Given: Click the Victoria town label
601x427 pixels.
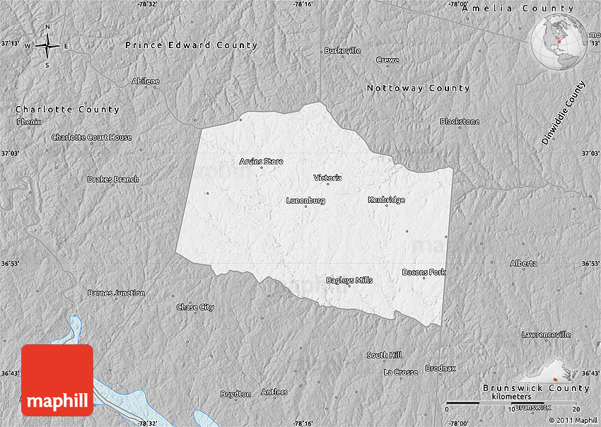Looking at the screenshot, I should point(328,177).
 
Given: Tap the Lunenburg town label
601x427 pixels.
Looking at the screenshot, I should point(305,200).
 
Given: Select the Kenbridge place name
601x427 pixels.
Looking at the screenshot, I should point(386,199).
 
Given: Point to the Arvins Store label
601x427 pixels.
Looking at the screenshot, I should point(261,161).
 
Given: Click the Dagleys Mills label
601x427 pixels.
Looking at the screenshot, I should point(349,280).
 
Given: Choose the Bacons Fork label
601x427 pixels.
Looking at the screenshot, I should point(424,271).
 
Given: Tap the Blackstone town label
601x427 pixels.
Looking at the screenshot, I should point(460,122).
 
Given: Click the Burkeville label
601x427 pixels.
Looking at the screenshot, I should point(342,50).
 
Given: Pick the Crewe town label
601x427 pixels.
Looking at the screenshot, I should point(387,60).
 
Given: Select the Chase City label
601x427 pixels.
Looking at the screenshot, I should point(195,307).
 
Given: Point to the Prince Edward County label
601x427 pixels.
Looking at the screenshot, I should point(192,45).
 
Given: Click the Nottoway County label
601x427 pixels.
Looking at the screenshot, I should point(418,88).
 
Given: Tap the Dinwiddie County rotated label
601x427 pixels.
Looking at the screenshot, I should point(564,114).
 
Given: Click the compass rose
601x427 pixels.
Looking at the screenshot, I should point(47,47).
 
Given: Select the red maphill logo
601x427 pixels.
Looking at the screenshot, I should point(57,380).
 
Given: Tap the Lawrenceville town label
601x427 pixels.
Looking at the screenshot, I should point(546,334).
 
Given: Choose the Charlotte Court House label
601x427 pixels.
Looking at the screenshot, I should point(91,137).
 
